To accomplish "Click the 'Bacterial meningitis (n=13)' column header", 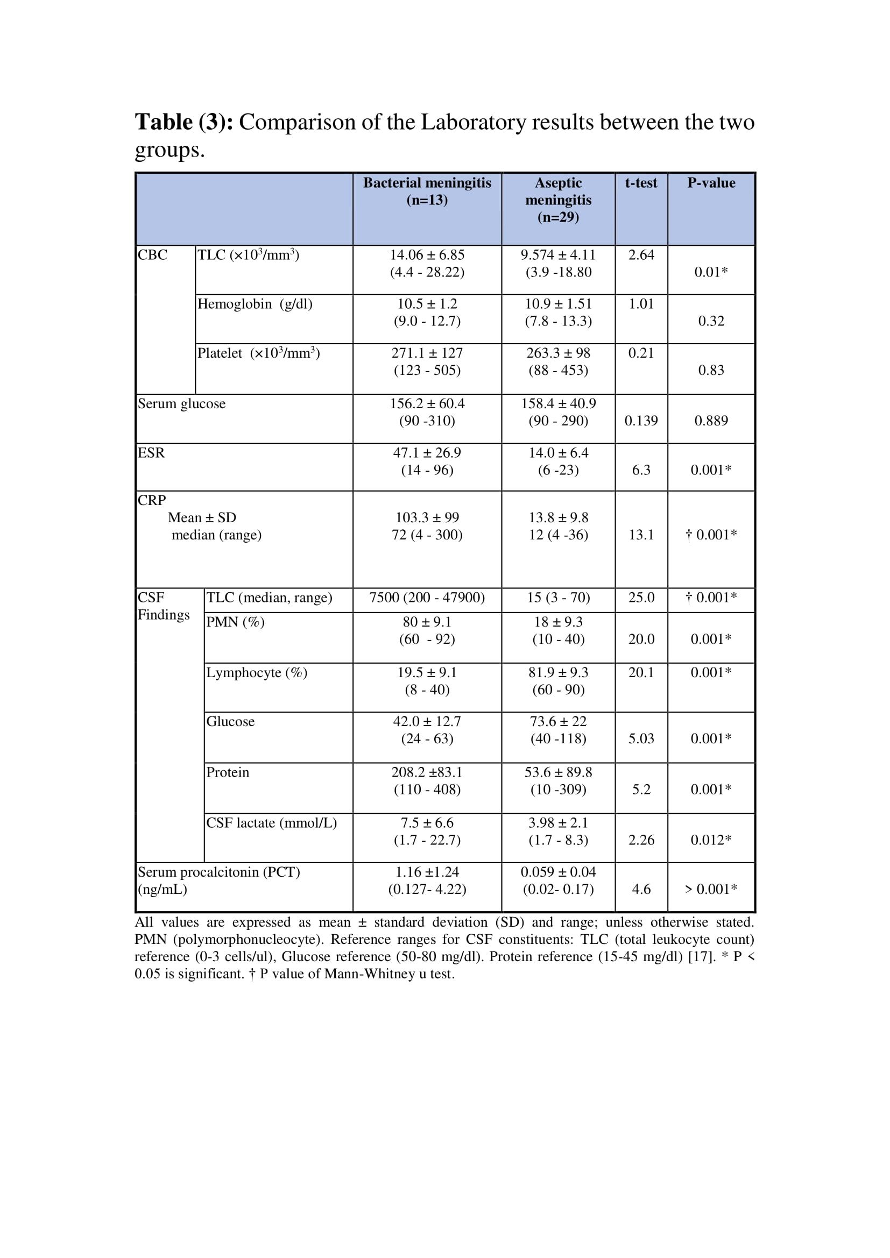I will tap(427, 191).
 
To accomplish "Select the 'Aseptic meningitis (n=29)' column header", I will tap(558, 200).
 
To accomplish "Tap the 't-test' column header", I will tap(641, 183).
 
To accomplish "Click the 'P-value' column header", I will tap(711, 183).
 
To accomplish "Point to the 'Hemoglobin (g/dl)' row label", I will tap(255, 304).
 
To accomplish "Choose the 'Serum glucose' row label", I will tap(181, 404).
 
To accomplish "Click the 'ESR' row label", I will tap(151, 453).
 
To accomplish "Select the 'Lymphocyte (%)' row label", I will tap(257, 673).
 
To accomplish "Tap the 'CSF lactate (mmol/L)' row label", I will tap(271, 823).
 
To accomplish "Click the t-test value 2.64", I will tap(641, 255).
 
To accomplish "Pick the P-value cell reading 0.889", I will tap(711, 421).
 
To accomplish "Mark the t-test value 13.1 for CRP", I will tap(641, 535).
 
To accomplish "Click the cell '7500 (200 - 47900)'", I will tap(427, 598).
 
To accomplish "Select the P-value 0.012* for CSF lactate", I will tap(711, 840).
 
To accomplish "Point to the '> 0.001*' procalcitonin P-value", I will tap(711, 889).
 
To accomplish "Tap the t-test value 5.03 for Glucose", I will tap(641, 738).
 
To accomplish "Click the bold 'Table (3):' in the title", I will tap(184, 122).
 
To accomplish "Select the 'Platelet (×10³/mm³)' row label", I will tap(259, 353).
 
